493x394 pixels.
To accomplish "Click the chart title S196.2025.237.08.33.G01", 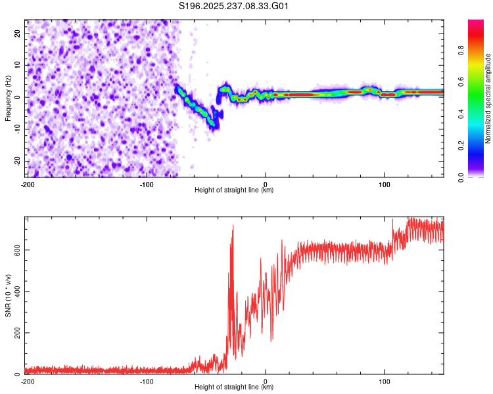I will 235,7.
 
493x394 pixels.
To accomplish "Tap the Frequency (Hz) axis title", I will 8,97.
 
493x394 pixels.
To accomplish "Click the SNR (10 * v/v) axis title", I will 8,295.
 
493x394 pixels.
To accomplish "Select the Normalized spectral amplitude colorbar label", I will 488,98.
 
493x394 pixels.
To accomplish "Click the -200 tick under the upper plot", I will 28,184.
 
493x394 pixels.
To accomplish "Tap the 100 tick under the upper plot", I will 384,184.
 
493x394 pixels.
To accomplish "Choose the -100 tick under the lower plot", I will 146,381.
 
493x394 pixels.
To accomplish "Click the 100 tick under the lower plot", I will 384,381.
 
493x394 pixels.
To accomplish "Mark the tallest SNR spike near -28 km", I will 233,226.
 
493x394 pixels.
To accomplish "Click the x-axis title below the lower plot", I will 235,387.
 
